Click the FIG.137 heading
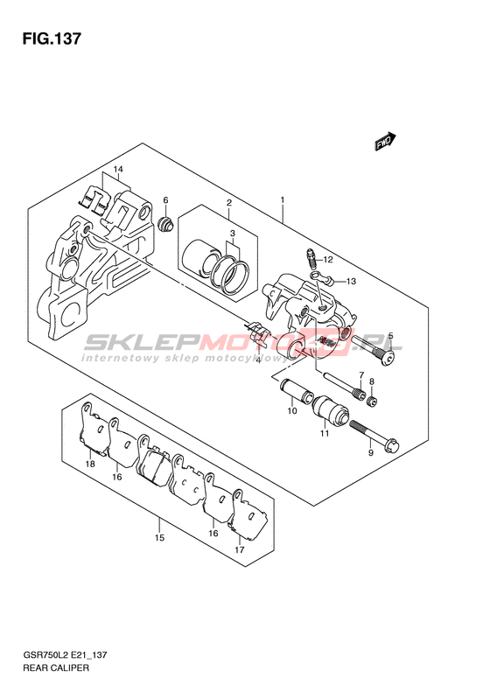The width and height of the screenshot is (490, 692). [52, 38]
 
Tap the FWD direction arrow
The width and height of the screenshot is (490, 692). [386, 142]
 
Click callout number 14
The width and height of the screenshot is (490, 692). [117, 169]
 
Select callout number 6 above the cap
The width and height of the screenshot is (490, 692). [165, 200]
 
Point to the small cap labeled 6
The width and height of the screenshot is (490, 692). [165, 223]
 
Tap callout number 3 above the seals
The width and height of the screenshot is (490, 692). [232, 234]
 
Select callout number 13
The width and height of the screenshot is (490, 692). [351, 281]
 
